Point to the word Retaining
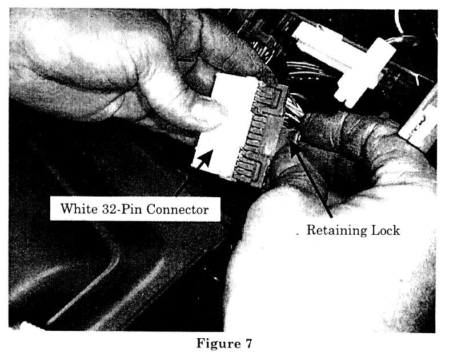click(336, 231)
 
